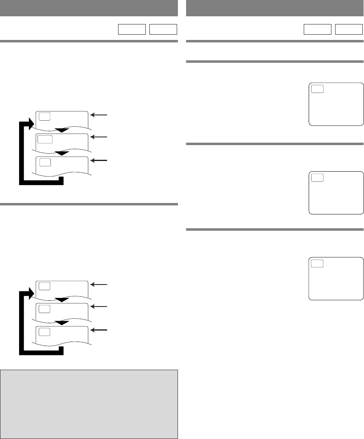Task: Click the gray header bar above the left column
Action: pos(89,8)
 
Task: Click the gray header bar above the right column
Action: pos(274,8)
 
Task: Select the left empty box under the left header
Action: pos(132,29)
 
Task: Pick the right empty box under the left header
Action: pos(163,29)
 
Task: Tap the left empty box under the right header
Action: pos(317,29)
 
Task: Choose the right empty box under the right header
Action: pos(349,29)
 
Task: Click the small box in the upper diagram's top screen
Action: pos(45,116)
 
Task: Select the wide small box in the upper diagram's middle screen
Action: pos(45,139)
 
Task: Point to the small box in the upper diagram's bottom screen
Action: pos(45,162)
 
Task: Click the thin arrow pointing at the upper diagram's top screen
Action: pos(100,115)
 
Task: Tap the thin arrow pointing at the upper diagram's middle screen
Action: pos(100,138)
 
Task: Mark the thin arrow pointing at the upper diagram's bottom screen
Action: pos(100,161)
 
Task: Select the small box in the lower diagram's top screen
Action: pos(45,286)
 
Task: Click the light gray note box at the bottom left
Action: pos(89,404)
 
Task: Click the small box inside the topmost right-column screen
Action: pos(317,89)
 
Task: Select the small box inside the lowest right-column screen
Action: pos(317,263)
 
